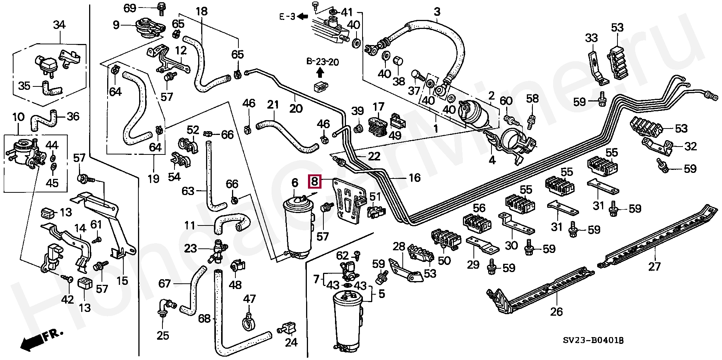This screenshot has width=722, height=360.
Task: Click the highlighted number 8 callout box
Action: (x=315, y=182)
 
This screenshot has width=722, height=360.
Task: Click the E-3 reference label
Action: (x=288, y=17)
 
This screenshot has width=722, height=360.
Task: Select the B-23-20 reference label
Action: (x=322, y=62)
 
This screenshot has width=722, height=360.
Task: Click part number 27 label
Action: (x=654, y=266)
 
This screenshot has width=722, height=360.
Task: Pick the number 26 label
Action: (x=557, y=311)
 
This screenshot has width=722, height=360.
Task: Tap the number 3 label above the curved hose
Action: (x=437, y=12)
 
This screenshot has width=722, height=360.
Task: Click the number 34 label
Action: (x=59, y=25)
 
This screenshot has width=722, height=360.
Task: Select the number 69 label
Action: (x=130, y=8)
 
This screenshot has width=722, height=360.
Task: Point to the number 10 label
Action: (x=18, y=117)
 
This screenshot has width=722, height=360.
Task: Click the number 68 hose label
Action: (x=204, y=319)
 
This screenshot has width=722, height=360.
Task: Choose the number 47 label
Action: (x=249, y=299)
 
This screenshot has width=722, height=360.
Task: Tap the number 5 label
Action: (x=381, y=293)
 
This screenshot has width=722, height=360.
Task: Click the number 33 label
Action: (x=591, y=38)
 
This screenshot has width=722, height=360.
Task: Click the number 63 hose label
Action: (x=188, y=191)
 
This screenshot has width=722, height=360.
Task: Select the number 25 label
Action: (x=163, y=335)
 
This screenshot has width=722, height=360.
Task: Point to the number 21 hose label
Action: (x=273, y=104)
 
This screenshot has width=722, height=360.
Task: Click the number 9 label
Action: (x=116, y=25)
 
